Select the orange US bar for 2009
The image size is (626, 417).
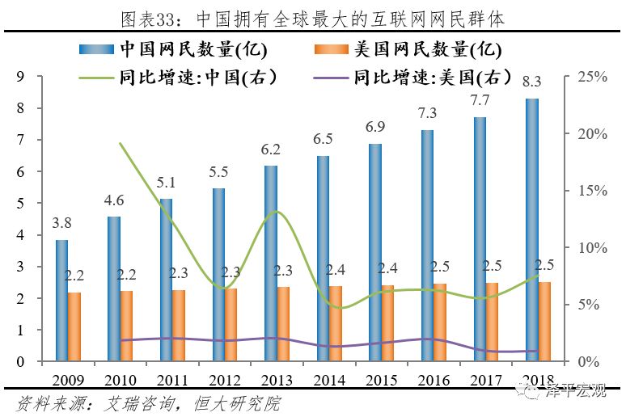74,326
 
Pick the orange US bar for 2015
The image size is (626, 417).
388,323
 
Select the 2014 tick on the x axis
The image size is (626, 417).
329,380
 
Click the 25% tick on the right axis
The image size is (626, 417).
591,77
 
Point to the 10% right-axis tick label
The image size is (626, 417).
591,247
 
